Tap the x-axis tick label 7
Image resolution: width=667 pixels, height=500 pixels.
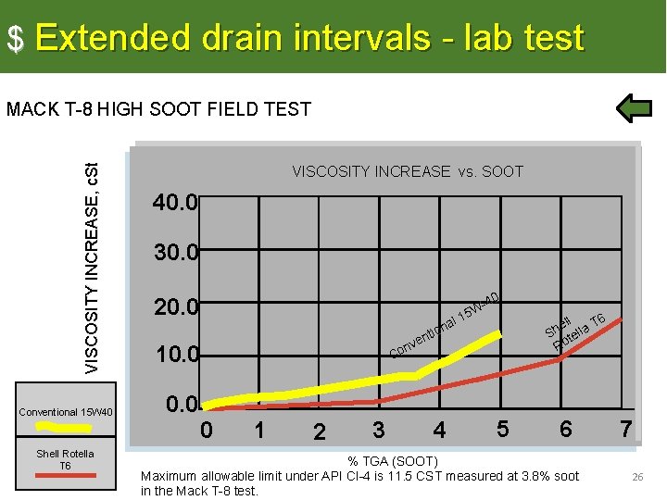[x=626, y=429]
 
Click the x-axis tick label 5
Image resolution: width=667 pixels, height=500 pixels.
[x=502, y=429]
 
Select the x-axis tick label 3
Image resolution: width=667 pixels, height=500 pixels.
[x=378, y=430]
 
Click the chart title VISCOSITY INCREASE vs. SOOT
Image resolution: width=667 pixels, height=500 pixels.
[x=408, y=171]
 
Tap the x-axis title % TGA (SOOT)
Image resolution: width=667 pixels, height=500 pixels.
[x=392, y=461]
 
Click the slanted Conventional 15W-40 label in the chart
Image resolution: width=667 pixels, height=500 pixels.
[x=446, y=325]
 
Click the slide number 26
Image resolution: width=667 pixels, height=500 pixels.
[x=637, y=477]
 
